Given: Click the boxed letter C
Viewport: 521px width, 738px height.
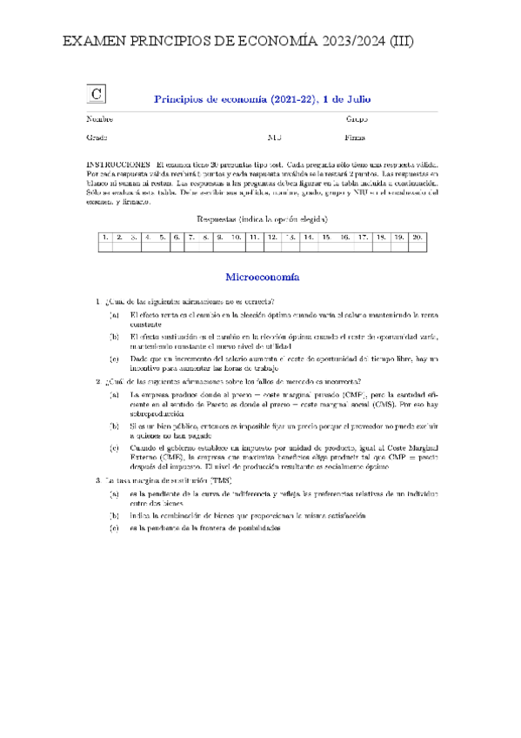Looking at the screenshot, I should (x=97, y=95).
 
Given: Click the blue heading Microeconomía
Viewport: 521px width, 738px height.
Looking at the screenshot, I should (x=263, y=278).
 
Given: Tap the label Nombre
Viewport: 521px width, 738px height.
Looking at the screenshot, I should (x=99, y=119).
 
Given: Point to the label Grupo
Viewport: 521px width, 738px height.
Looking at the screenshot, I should (x=357, y=119).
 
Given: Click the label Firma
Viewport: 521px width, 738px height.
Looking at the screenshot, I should (x=355, y=138).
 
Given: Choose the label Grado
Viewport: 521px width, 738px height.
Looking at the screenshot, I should (x=97, y=138).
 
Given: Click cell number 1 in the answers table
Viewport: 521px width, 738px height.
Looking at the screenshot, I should (x=104, y=237).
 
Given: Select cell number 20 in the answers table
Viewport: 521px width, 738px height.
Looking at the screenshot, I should (x=417, y=237).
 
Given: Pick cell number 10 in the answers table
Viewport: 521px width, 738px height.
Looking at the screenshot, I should (x=236, y=237).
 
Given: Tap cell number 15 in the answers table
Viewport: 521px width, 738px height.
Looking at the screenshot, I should (x=326, y=237).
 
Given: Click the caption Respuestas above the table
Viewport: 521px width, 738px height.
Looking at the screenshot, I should (x=221, y=218).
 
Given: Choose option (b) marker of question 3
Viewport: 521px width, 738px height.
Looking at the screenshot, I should (x=114, y=515).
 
